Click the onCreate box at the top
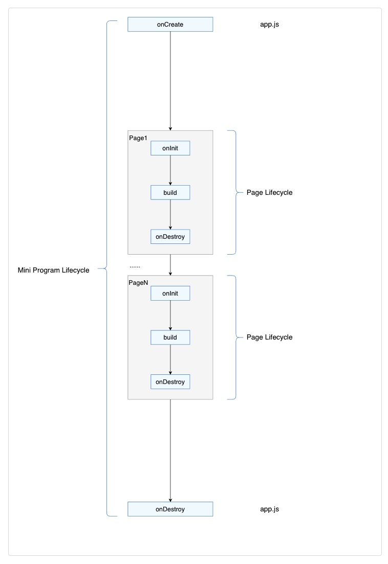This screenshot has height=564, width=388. (x=170, y=25)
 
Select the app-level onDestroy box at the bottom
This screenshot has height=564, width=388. (x=170, y=509)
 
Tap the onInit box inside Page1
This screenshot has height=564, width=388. (x=170, y=148)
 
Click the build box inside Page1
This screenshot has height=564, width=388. (x=170, y=193)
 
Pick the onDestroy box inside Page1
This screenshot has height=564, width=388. (x=170, y=237)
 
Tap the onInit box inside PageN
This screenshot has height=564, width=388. (x=170, y=294)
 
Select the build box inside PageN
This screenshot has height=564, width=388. (x=170, y=337)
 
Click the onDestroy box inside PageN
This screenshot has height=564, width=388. (x=170, y=382)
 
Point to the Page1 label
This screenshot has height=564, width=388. (x=138, y=138)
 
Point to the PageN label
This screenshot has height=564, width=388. (x=139, y=283)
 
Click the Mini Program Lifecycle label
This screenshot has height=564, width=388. (x=53, y=270)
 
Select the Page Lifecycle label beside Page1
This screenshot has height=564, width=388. (x=269, y=193)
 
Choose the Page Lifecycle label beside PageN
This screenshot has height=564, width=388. (x=269, y=337)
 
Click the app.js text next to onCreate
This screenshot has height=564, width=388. (x=270, y=24)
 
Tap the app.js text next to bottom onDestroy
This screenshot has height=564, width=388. (x=270, y=509)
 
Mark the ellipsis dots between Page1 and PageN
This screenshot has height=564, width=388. (x=135, y=266)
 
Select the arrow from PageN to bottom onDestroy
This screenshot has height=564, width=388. (x=170, y=450)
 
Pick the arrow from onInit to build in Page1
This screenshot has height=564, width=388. (x=170, y=170)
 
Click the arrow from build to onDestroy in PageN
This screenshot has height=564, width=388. (x=170, y=359)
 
